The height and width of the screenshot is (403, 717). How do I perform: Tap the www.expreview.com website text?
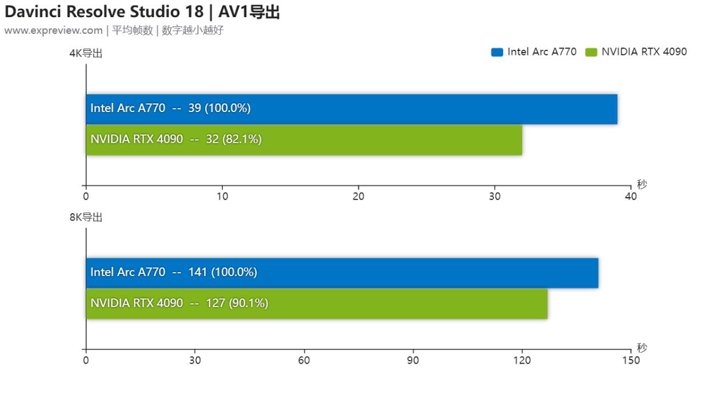53,30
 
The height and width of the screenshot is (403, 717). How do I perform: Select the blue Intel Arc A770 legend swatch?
496,52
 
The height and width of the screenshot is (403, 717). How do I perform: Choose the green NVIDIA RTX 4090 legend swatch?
591,52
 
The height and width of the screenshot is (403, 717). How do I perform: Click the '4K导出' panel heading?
86,54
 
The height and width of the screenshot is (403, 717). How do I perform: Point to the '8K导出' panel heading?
86,217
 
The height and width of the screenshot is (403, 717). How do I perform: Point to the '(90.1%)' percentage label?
249,304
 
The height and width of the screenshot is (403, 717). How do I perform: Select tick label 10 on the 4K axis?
222,196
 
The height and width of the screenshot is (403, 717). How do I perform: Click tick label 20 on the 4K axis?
358,196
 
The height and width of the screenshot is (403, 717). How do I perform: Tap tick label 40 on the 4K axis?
631,196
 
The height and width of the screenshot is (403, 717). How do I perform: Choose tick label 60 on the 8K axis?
304,360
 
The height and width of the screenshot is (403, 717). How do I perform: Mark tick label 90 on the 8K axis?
413,360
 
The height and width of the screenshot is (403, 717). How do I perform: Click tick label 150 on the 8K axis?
631,360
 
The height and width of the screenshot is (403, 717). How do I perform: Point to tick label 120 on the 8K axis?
522,360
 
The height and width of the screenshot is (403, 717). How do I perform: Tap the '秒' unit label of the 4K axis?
642,184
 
